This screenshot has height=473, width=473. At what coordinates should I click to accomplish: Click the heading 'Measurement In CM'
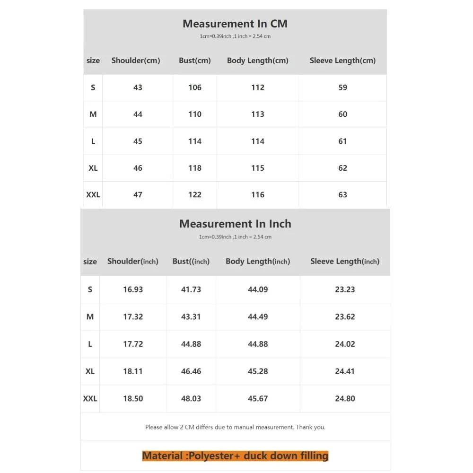point(235,24)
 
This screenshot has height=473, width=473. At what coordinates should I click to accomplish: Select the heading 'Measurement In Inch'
point(235,224)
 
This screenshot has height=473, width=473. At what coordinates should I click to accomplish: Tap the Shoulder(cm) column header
point(136,61)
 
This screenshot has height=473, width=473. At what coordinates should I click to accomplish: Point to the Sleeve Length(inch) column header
point(345,261)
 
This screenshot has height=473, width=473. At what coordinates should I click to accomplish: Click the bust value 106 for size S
point(195,88)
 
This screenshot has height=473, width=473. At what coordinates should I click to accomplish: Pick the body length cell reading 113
point(258,114)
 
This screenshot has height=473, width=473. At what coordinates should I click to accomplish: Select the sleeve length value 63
point(343,194)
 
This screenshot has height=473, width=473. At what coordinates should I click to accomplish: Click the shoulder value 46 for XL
point(138,168)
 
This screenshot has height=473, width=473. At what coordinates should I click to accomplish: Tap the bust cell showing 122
point(195,194)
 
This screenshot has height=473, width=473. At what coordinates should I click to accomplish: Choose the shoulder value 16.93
point(133,289)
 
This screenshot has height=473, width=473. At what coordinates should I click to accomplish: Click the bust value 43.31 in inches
point(191,317)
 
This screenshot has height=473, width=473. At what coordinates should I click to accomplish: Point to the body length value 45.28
point(258,371)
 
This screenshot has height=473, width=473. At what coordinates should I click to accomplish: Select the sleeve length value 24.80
point(345,399)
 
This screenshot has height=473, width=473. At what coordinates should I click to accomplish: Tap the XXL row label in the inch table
point(90,399)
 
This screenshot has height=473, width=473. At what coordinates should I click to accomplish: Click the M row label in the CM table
point(93,114)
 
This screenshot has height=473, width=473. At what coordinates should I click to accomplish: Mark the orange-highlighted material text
point(235,456)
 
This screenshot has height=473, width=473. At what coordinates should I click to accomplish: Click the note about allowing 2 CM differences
point(235,427)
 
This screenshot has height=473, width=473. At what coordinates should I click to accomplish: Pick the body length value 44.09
point(258,289)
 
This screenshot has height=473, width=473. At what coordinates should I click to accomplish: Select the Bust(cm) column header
point(195,61)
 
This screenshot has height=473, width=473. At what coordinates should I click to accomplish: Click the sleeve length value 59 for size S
point(343,88)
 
